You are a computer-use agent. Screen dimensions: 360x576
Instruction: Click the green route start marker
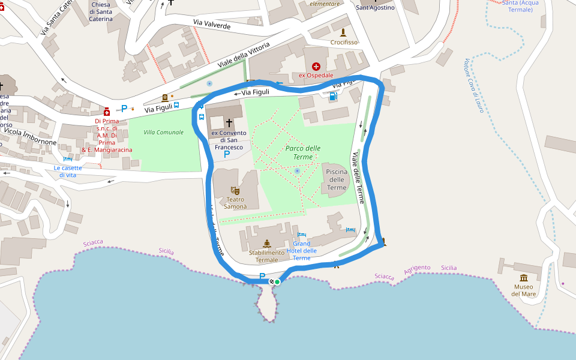(277, 281)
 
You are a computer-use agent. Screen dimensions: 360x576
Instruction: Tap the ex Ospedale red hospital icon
(316, 67)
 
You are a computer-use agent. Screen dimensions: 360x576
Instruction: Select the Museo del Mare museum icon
(524, 278)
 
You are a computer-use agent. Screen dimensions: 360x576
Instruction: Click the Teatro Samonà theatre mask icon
(235, 190)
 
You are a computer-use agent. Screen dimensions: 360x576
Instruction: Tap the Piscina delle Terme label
(336, 179)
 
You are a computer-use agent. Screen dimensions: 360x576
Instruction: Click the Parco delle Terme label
(302, 152)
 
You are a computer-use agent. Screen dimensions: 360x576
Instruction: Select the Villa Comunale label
(163, 132)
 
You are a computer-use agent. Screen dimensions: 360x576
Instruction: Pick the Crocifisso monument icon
(343, 32)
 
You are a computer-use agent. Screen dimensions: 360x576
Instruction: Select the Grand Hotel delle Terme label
(302, 251)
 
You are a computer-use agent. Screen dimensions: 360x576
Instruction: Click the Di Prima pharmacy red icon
(107, 112)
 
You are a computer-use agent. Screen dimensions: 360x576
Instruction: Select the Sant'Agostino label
(375, 7)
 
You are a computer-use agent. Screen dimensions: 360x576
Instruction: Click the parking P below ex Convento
(226, 155)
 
